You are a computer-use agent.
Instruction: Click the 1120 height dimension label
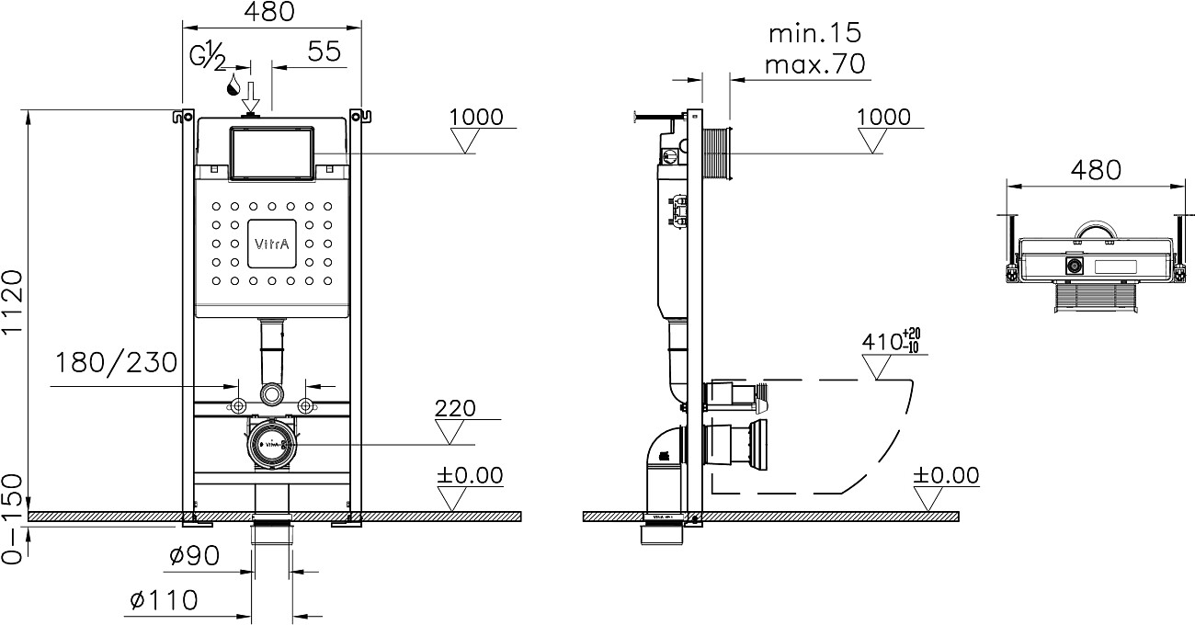(12, 301)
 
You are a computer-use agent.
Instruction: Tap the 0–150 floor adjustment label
(12, 519)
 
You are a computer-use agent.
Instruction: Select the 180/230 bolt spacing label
(117, 363)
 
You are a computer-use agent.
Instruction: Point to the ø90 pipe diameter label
(194, 556)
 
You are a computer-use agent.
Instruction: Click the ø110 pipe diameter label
(165, 600)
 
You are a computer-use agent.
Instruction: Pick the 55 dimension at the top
(324, 51)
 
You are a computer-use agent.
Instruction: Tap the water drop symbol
(233, 85)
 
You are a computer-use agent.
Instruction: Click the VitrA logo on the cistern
(272, 244)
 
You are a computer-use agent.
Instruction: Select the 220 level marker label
(455, 408)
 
